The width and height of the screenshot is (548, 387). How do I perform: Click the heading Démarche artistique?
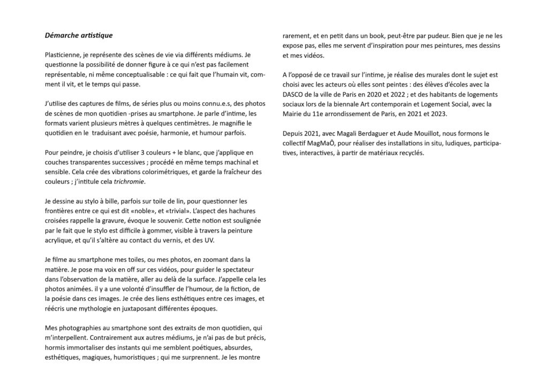click(78, 35)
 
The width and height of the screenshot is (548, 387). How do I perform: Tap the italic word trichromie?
click(129, 182)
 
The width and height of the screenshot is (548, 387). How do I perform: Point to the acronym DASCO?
click(295, 94)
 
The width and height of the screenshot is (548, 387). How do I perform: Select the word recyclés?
click(408, 152)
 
